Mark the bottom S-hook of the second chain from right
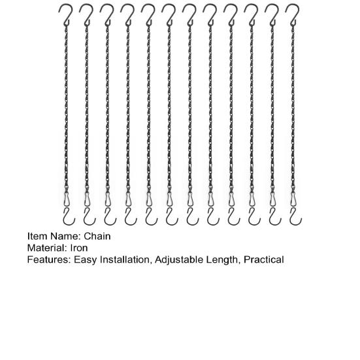272,216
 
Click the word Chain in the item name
97,236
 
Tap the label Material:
45,248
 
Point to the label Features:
48,260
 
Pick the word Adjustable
180,260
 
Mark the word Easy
84,260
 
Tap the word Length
223,260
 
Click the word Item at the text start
37,236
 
